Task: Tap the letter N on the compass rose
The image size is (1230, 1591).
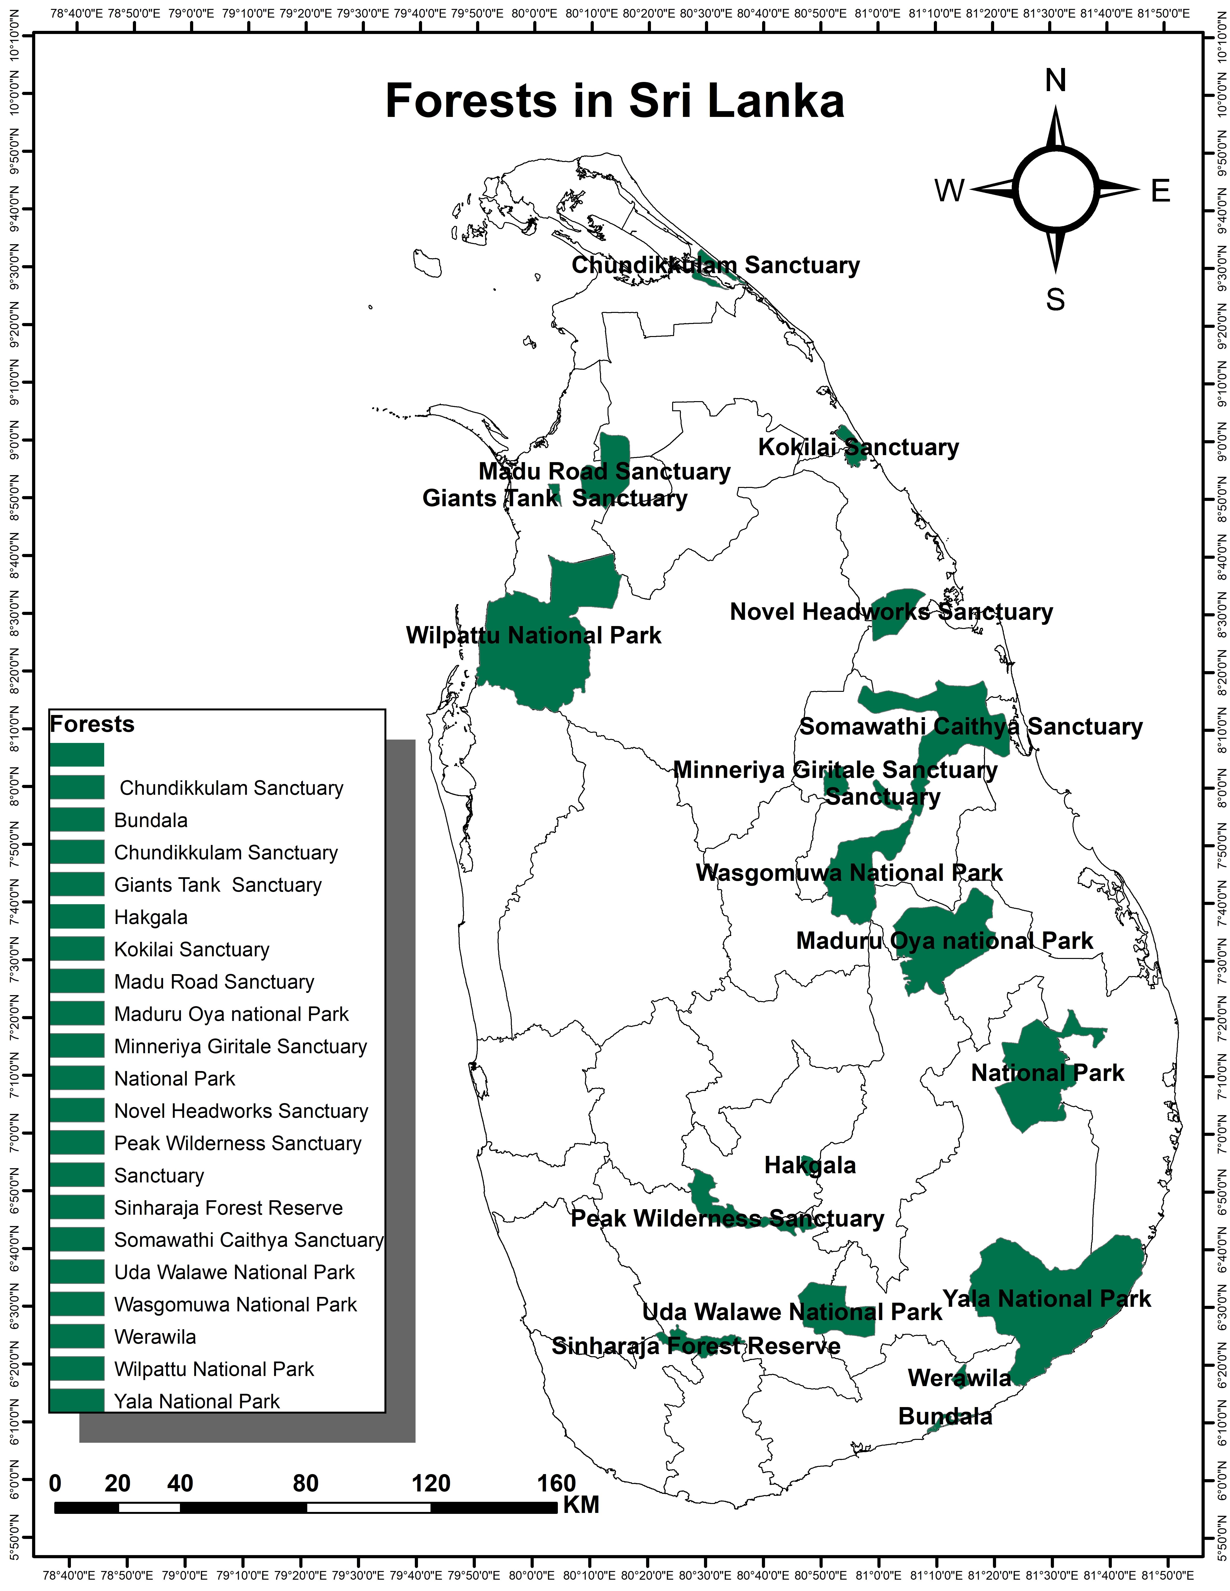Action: click(x=1055, y=80)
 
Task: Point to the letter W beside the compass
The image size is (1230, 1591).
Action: click(x=950, y=191)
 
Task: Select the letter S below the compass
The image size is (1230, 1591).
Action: click(x=1055, y=299)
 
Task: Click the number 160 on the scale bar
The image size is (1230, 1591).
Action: click(x=557, y=1483)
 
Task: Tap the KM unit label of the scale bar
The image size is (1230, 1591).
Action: click(x=581, y=1505)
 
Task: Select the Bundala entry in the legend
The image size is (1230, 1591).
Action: click(x=151, y=820)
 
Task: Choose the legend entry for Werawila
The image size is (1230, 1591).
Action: click(x=155, y=1337)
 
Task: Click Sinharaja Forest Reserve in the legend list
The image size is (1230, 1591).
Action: click(x=228, y=1208)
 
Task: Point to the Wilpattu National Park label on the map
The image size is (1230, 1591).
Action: click(x=533, y=635)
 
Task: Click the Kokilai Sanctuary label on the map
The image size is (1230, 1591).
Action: click(x=858, y=447)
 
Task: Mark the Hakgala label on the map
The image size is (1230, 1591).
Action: click(x=810, y=1166)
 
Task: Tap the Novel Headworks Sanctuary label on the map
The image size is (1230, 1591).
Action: click(x=891, y=612)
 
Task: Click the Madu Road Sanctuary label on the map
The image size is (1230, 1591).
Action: click(x=604, y=471)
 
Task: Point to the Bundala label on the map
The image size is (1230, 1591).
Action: click(x=945, y=1417)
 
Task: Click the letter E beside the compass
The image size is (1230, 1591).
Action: click(x=1160, y=191)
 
